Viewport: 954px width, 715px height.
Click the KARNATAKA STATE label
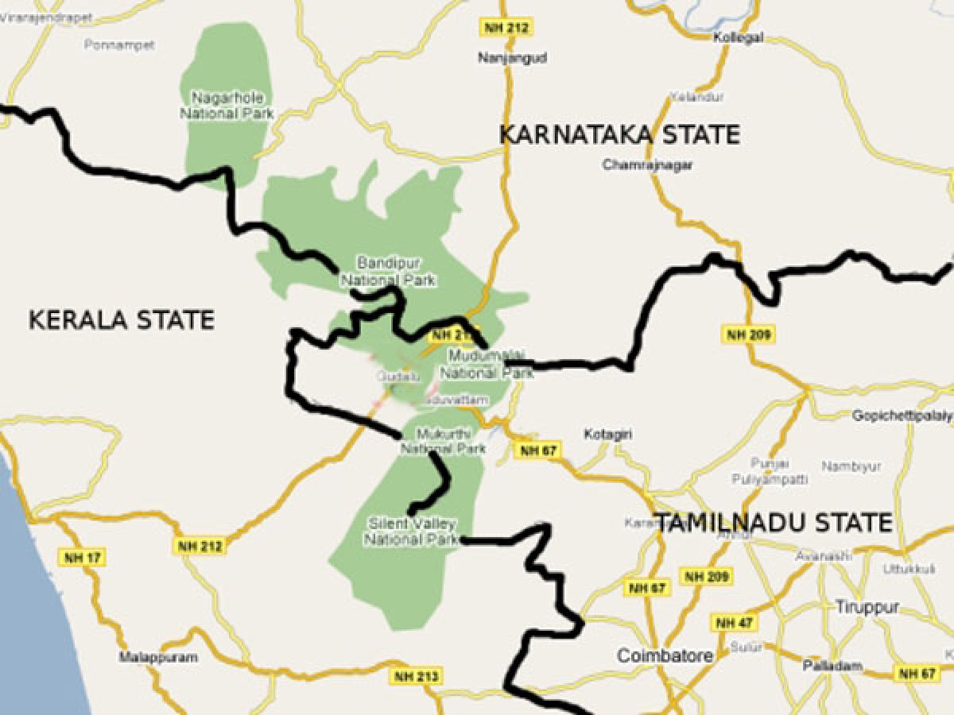pos(619,134)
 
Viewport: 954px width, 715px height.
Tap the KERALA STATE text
pos(122,320)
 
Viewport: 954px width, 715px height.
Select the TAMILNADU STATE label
pos(772,523)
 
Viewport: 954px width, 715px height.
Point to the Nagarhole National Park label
pos(227,106)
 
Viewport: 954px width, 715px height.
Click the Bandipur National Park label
pos(389,271)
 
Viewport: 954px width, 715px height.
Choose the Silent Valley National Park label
pos(412,531)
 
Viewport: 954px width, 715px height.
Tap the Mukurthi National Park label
pos(443,441)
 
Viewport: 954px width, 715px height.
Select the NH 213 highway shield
pos(415,677)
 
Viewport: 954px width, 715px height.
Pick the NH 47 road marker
pos(734,623)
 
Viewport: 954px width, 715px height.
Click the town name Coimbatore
pos(665,656)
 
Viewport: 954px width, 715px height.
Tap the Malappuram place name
pos(152,658)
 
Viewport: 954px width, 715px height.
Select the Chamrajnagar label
pos(648,165)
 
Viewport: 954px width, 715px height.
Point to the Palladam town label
pos(832,665)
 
